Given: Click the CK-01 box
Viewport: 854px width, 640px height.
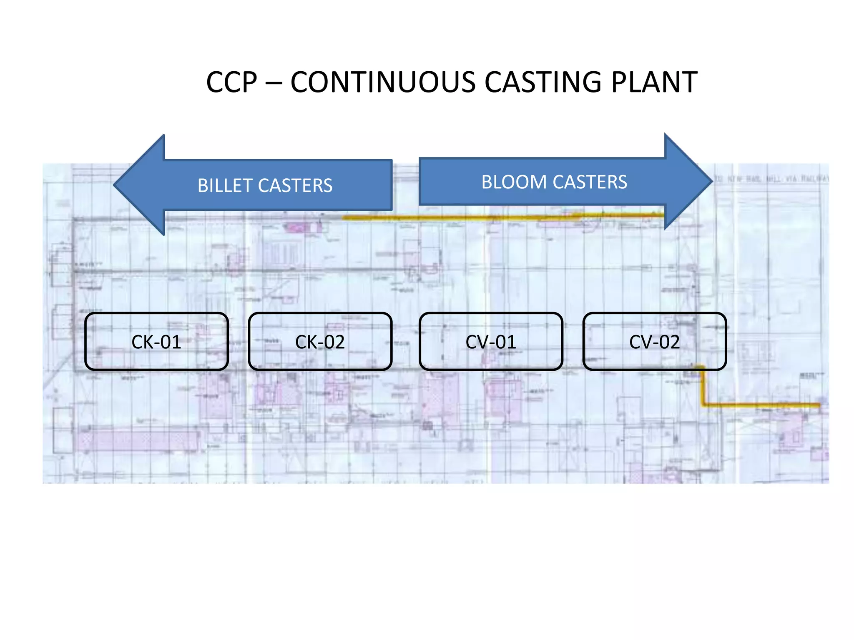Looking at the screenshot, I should (156, 342).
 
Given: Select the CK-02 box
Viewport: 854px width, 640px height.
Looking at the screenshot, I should (320, 342).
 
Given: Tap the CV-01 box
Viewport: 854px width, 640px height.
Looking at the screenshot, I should (491, 342).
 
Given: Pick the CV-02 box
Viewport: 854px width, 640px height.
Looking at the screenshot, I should (654, 342).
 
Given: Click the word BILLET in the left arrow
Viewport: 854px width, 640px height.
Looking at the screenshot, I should (225, 186).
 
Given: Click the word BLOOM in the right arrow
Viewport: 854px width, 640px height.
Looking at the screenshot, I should (514, 182).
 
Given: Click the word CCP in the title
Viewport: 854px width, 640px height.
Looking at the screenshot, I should (231, 82).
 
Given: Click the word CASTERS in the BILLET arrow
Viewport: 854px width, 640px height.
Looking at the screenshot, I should (295, 186).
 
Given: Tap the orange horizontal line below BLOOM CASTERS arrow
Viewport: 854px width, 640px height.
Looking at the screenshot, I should (500, 217).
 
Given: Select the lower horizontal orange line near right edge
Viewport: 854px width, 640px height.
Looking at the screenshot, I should (763, 405).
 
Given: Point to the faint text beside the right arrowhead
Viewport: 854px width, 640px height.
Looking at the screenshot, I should (771, 179).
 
